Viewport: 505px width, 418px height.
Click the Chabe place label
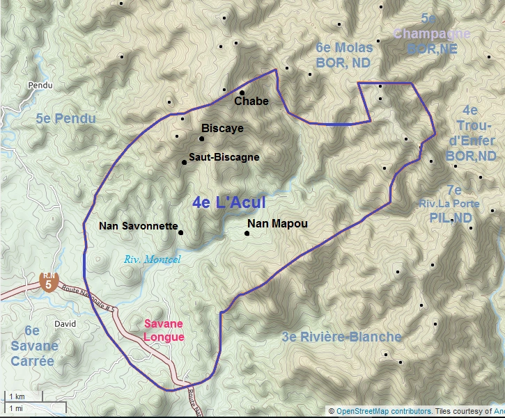(251, 102)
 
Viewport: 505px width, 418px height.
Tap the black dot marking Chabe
(242, 93)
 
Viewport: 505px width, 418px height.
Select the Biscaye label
(222, 129)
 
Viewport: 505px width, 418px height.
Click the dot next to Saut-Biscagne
(185, 162)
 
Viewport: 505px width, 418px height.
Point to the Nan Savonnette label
(139, 225)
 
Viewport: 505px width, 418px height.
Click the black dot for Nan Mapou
(247, 233)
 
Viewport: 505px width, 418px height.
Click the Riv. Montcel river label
(152, 259)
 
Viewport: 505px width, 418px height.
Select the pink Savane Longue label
(164, 330)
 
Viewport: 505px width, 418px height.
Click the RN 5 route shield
(48, 283)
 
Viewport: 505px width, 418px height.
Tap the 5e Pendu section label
(65, 119)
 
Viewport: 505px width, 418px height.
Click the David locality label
(64, 324)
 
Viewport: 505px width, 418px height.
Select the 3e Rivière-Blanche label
(342, 337)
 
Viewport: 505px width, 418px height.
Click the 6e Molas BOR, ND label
(344, 56)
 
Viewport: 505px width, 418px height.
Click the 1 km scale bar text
(17, 396)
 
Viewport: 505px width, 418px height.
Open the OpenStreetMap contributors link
(383, 411)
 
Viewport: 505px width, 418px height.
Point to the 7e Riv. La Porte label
(453, 204)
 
